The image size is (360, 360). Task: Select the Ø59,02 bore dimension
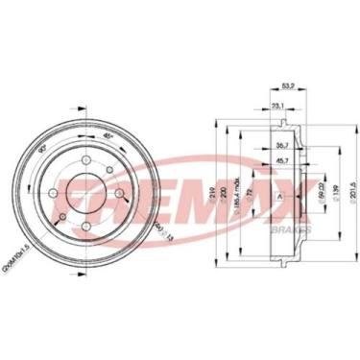(319, 180)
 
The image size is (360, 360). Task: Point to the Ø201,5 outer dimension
(351, 180)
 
